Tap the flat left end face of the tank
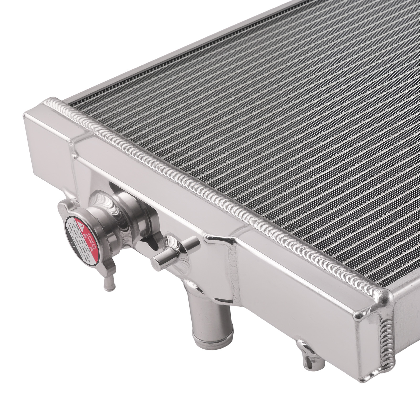47,147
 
